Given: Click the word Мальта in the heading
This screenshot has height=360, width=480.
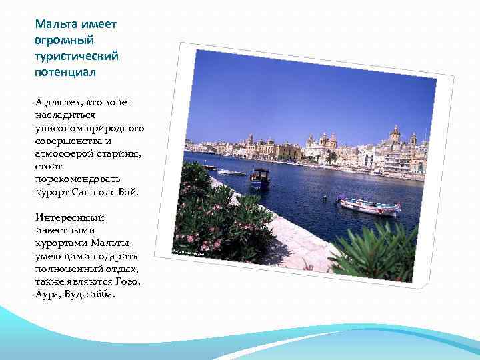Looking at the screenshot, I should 56,25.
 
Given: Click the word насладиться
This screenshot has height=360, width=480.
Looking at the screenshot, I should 65,115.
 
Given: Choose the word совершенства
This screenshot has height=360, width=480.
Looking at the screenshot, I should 69,141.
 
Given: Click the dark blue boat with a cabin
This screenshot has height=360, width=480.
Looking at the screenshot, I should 260,179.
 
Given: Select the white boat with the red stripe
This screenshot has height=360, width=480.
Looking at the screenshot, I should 368,205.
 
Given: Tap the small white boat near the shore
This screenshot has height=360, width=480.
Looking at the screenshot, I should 231,172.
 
